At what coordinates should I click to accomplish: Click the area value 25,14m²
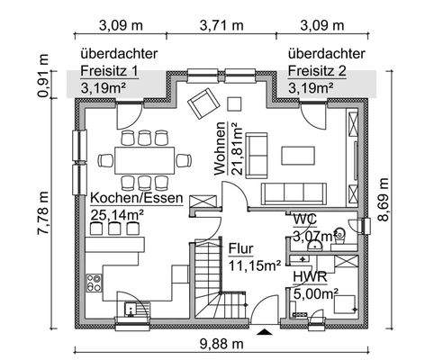click(120, 214)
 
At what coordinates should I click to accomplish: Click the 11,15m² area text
click(255, 265)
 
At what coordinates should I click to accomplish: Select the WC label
click(303, 219)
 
